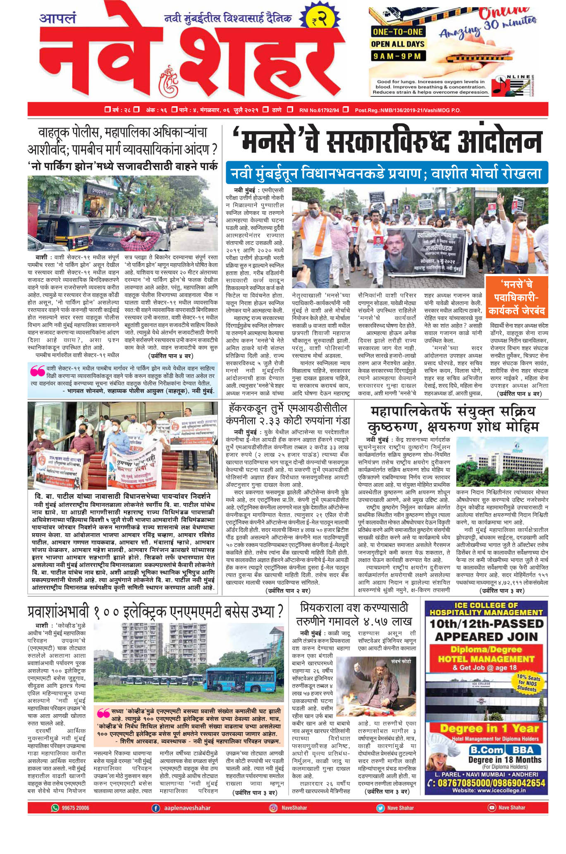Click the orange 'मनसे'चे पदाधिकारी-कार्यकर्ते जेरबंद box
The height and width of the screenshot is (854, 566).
click(516, 297)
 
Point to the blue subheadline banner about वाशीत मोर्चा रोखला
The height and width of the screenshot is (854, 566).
click(387, 173)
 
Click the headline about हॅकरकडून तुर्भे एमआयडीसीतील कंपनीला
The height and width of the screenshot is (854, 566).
click(288, 415)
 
